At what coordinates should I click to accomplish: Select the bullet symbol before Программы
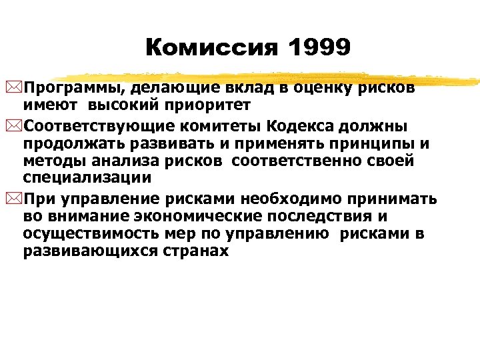(17, 87)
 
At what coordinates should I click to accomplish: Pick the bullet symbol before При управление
(17, 199)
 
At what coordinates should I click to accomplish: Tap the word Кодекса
(303, 127)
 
